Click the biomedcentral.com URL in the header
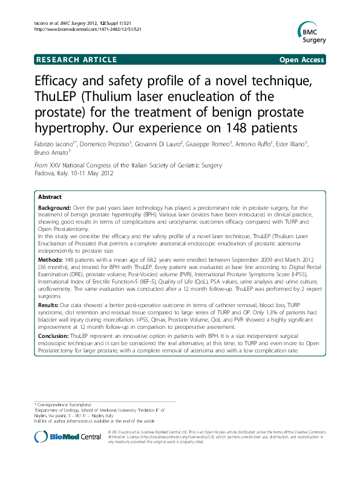87,29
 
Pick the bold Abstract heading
50,197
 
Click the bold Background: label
54,207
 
